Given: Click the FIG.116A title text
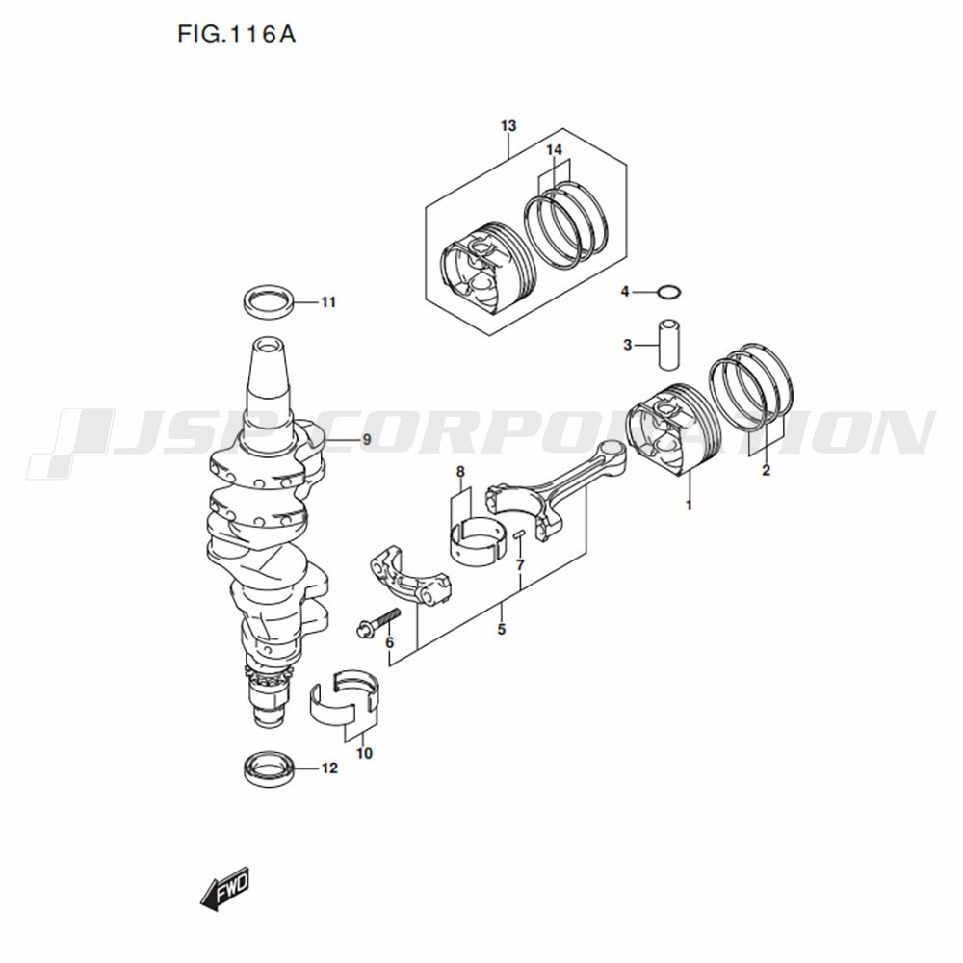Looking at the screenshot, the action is (237, 35).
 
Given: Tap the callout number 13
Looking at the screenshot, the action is (508, 126).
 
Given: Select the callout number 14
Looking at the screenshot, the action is (554, 150).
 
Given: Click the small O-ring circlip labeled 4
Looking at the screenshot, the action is (668, 292).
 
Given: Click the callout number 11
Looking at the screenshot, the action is (328, 302).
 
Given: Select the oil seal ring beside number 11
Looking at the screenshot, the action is (269, 300).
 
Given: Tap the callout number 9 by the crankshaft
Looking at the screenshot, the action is (367, 440).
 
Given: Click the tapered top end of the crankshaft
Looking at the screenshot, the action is (269, 369).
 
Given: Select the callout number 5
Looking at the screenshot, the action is (502, 630).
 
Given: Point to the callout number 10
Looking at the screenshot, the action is (364, 753).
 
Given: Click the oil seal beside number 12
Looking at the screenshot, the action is (269, 768).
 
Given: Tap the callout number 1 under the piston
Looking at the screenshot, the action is (689, 506).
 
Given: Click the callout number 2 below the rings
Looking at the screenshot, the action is (766, 471).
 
